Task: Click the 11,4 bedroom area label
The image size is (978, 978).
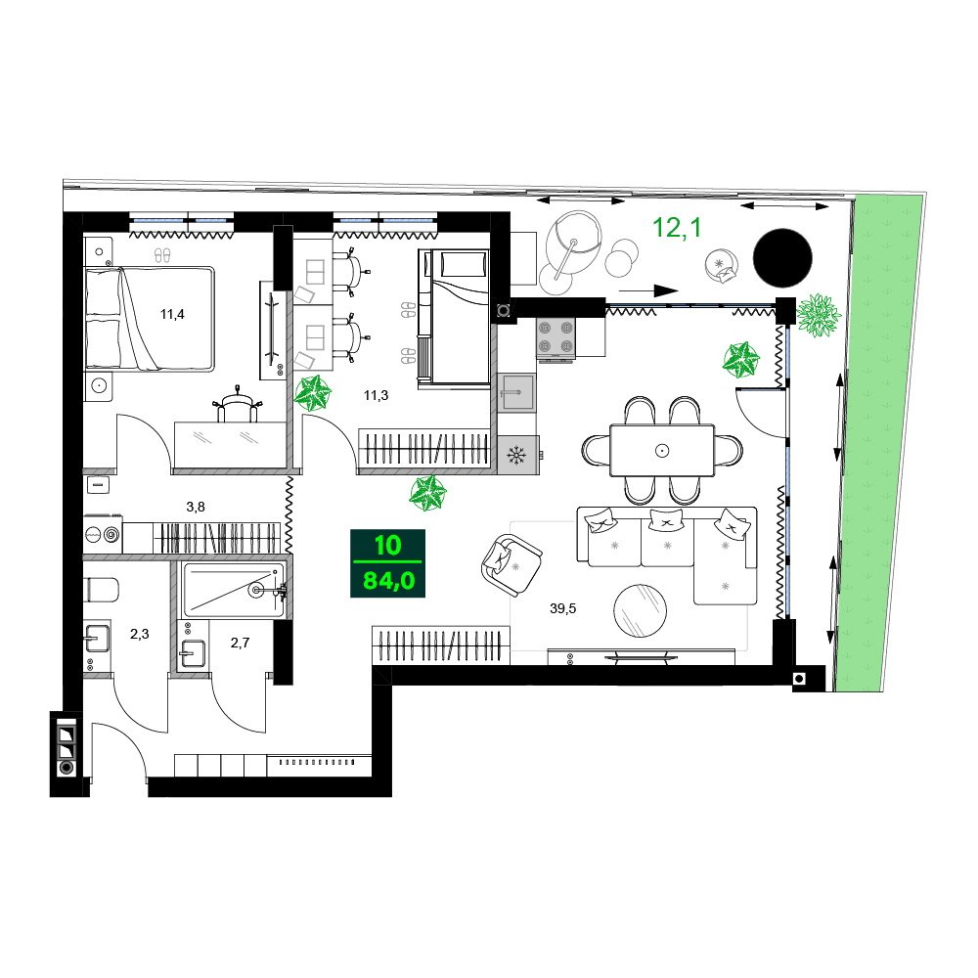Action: click(x=172, y=314)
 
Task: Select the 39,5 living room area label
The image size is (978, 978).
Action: click(x=562, y=608)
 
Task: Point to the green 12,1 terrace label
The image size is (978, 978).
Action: click(x=676, y=229)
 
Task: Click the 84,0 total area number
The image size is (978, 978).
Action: click(x=388, y=580)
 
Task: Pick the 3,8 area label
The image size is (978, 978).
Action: click(x=196, y=507)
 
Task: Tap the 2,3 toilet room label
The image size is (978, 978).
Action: click(x=140, y=635)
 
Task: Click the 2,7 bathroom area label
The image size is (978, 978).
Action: click(x=240, y=643)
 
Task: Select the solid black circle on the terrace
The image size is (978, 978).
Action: click(x=782, y=257)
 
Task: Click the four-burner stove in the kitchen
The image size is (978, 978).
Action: click(x=555, y=338)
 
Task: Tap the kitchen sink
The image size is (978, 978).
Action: click(x=516, y=395)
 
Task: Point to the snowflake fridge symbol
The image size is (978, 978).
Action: click(x=517, y=455)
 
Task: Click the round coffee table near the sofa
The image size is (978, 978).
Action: click(x=642, y=610)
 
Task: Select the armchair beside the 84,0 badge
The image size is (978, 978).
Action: click(x=510, y=563)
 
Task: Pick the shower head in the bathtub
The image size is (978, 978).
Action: click(x=260, y=590)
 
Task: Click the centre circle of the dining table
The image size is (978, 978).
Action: click(x=662, y=450)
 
